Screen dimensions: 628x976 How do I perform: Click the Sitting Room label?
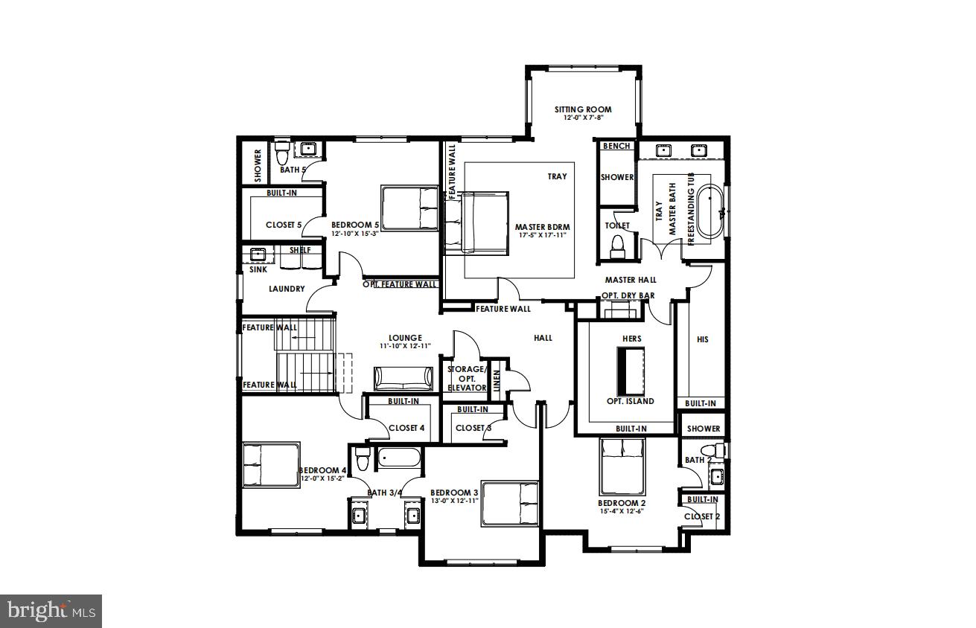pyautogui.click(x=583, y=110)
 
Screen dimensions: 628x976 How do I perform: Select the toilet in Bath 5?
pyautogui.click(x=282, y=156)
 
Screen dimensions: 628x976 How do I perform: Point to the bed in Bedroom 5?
pyautogui.click(x=409, y=208)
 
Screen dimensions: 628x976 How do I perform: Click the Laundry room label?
pyautogui.click(x=287, y=289)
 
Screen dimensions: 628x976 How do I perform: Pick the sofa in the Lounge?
pyautogui.click(x=403, y=378)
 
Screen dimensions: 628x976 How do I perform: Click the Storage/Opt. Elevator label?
pyautogui.click(x=466, y=378)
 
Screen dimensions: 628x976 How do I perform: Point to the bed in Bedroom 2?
pyautogui.click(x=622, y=467)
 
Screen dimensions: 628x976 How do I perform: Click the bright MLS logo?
pyautogui.click(x=51, y=611)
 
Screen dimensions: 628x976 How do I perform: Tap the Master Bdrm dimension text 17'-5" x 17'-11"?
pyautogui.click(x=544, y=235)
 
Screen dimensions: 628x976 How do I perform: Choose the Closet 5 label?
pyautogui.click(x=284, y=225)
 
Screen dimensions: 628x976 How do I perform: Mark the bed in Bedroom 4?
pyautogui.click(x=271, y=465)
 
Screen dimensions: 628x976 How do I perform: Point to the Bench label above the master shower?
pyautogui.click(x=616, y=147)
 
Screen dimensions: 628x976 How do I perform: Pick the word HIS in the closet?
pyautogui.click(x=702, y=339)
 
